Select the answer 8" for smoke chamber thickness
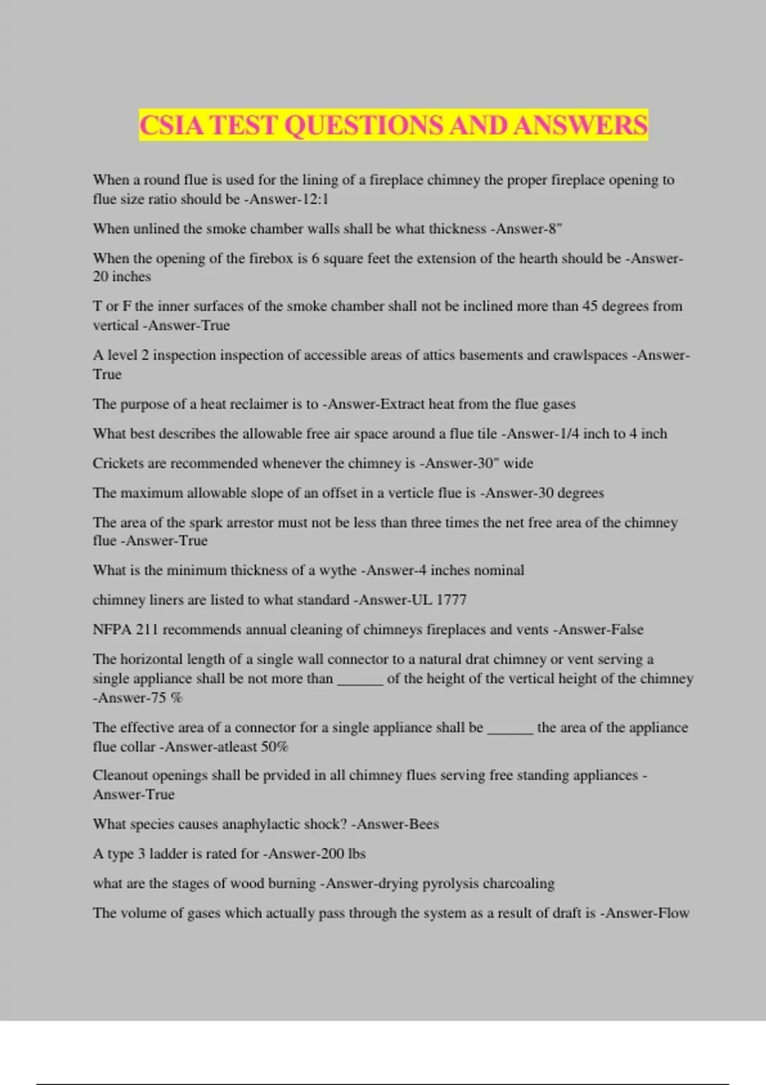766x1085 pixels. [x=555, y=228]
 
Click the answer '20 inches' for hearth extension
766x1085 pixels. [x=122, y=277]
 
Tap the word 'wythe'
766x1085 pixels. [x=337, y=570]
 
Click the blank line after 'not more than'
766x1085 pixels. [x=359, y=680]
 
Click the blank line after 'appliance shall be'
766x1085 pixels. [x=510, y=730]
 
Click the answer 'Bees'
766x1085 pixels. [x=423, y=824]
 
